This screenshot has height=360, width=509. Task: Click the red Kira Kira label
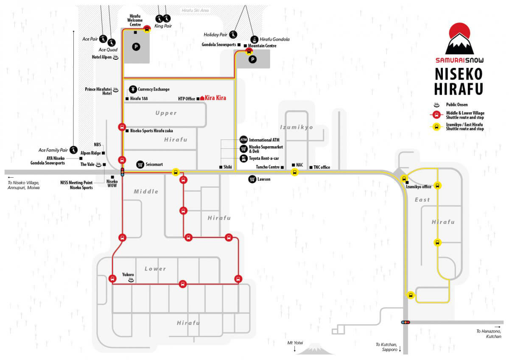click(215, 98)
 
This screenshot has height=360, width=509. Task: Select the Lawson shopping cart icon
click(252, 179)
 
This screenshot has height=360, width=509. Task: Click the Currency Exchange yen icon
click(133, 89)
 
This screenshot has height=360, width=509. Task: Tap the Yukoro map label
click(128, 274)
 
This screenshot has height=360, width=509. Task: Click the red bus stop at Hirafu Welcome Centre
click(147, 29)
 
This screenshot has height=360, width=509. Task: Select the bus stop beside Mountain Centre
click(249, 52)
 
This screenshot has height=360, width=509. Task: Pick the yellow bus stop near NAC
click(294, 172)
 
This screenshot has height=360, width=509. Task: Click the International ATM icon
click(243, 140)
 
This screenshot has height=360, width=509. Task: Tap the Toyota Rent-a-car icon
click(243, 158)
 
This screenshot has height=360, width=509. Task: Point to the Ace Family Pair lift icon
click(73, 150)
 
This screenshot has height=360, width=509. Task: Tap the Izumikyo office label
click(418, 187)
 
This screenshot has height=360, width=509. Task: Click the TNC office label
click(322, 167)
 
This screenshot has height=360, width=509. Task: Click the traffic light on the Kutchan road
click(406, 322)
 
